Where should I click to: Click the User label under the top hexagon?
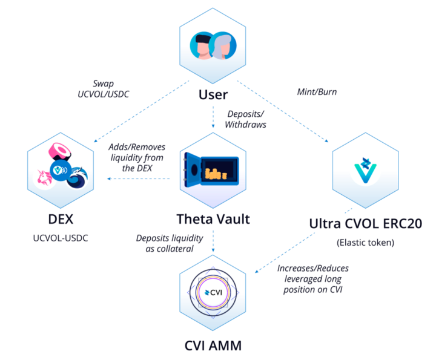coord(213,94)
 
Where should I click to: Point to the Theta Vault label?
coord(213,218)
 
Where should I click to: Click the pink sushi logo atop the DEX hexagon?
coord(61,150)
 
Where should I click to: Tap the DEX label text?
coord(61,218)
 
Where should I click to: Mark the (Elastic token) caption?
coord(366,243)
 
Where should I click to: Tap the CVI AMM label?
coord(213,346)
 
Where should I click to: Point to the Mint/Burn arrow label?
coord(317,93)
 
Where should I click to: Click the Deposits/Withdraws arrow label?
coord(245,119)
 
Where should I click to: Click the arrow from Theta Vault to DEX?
coord(139,179)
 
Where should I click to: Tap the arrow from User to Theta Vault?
coord(213,116)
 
